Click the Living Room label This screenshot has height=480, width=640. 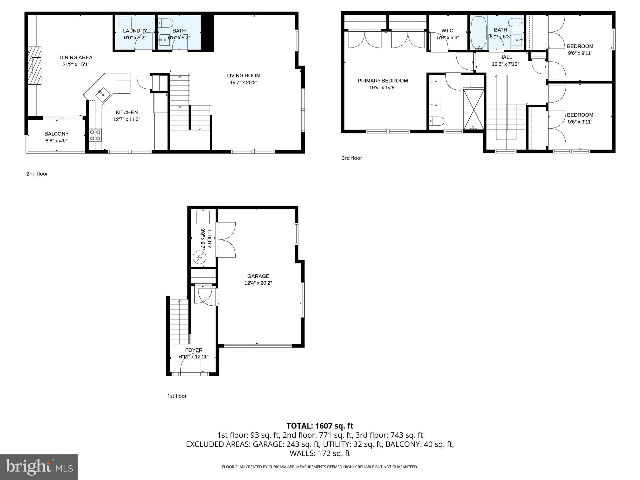(243, 76)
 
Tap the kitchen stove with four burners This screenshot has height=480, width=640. (95, 135)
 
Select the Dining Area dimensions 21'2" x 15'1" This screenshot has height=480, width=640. (76, 64)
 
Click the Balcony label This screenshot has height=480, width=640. (57, 134)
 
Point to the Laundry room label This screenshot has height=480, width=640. (135, 31)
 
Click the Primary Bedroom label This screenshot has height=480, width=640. (382, 81)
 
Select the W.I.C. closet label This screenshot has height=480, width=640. (448, 31)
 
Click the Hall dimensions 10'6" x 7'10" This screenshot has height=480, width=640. (505, 64)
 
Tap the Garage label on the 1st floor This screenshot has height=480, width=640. (258, 276)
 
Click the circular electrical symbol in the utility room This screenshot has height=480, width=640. (199, 257)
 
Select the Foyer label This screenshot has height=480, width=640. (194, 350)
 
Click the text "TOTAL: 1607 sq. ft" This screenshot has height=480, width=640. (320, 426)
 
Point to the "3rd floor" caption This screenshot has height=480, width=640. (352, 158)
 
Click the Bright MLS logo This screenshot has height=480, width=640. (39, 467)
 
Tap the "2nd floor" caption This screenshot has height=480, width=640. (37, 174)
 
